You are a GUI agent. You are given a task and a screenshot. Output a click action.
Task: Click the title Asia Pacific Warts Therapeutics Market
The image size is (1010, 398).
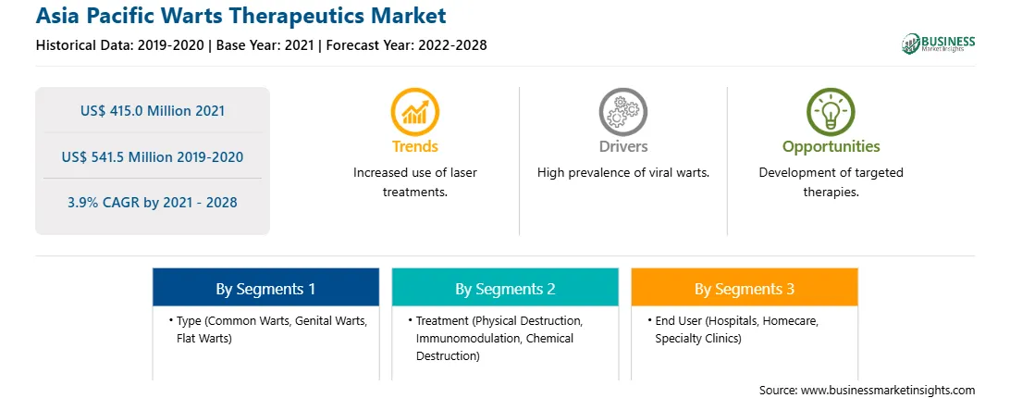click(240, 16)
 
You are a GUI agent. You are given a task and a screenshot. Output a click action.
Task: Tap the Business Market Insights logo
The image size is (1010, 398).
click(939, 44)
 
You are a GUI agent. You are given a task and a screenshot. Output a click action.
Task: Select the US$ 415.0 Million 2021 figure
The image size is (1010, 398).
click(153, 110)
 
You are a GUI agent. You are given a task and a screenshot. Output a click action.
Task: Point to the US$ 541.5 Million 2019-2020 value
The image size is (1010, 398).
click(153, 156)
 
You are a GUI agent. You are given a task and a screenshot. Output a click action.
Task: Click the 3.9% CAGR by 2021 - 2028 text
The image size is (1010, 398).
click(153, 202)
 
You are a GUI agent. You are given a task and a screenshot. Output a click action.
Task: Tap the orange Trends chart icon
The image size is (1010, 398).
click(414, 112)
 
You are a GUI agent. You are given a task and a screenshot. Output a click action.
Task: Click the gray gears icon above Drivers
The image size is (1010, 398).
click(622, 112)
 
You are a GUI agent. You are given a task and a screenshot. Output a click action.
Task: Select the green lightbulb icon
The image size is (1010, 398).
click(831, 112)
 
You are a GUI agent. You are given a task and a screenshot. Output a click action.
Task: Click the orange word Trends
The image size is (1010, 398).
click(414, 146)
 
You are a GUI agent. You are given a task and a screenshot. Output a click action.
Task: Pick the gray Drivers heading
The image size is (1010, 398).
click(622, 146)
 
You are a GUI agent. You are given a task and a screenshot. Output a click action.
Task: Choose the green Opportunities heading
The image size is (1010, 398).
click(831, 147)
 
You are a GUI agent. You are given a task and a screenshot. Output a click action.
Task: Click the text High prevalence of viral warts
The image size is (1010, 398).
click(622, 173)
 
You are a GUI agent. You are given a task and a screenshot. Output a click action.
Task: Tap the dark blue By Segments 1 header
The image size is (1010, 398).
click(266, 288)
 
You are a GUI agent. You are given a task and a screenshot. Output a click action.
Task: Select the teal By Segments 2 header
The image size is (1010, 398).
click(505, 288)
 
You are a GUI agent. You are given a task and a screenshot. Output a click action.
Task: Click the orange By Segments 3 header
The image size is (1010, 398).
click(745, 288)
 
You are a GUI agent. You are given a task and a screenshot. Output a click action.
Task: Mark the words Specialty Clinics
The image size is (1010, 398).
click(698, 338)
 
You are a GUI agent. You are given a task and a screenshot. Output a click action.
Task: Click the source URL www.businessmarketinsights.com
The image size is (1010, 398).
click(888, 391)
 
